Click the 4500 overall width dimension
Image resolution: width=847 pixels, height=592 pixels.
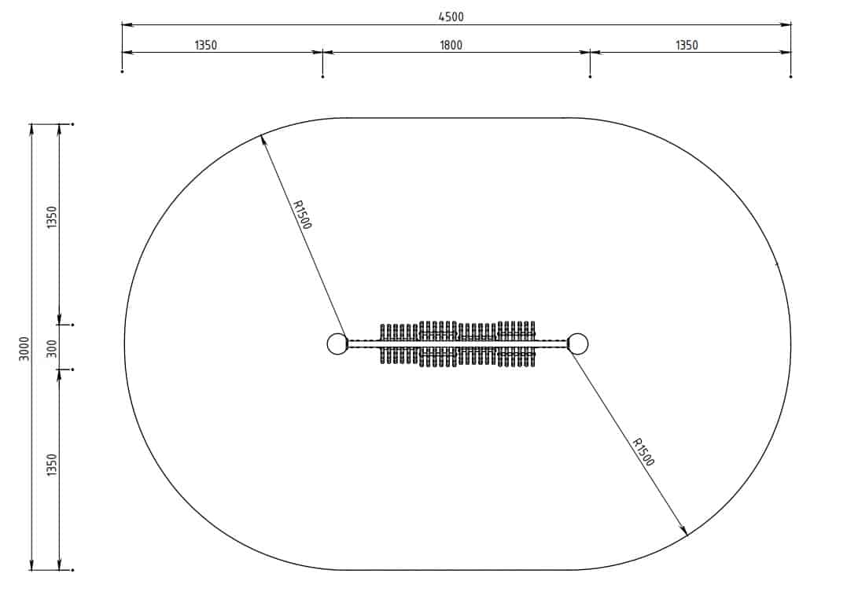click(451, 17)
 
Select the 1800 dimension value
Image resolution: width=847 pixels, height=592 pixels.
click(451, 45)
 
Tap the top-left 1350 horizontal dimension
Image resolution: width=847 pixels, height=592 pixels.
click(206, 45)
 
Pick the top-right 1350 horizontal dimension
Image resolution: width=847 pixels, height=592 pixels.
click(687, 45)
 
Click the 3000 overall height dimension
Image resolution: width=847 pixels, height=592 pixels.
click(24, 348)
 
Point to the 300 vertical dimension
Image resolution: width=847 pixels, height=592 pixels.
click(51, 348)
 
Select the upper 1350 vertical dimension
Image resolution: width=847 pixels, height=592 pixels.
click(51, 217)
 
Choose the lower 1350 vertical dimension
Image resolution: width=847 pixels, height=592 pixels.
click(51, 465)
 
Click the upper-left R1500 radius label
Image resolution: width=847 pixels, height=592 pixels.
click(301, 215)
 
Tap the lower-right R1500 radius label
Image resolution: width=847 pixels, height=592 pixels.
click(643, 451)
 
